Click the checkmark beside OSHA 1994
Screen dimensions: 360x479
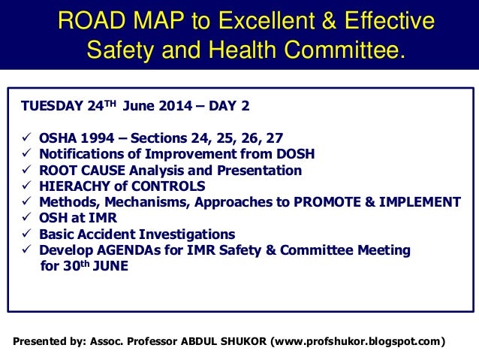[x=26, y=138]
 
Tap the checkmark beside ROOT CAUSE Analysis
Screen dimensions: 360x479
[x=26, y=170]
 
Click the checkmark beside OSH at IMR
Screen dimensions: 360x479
[x=26, y=217]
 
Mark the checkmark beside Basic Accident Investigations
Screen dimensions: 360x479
[x=26, y=234]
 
